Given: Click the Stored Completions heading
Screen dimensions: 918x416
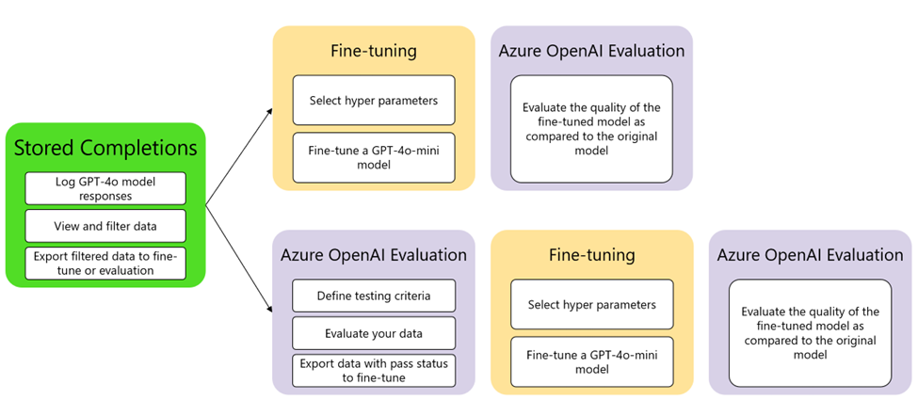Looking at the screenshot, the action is (105, 148).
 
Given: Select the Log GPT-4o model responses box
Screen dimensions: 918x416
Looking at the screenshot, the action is (105, 188).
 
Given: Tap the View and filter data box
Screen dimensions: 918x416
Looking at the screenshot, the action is (105, 226).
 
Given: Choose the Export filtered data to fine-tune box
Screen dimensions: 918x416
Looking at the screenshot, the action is (105, 264).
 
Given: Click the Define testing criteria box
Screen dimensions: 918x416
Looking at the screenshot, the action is (374, 296).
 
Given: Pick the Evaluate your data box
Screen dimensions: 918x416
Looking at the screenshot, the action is (374, 333).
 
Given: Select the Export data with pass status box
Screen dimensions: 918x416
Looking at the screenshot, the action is (374, 371).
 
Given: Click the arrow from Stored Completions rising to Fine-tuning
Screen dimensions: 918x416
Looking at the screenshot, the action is (239, 156).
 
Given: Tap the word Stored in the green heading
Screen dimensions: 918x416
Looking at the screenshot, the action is (45, 148).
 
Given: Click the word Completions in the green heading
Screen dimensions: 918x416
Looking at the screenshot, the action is (139, 149).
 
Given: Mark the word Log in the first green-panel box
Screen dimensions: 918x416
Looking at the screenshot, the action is (56, 182).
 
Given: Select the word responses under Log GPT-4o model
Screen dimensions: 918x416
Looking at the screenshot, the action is (105, 196).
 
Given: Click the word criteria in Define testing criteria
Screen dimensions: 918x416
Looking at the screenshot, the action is (411, 296).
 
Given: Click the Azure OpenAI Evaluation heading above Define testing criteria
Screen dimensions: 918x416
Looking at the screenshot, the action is (374, 256).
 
